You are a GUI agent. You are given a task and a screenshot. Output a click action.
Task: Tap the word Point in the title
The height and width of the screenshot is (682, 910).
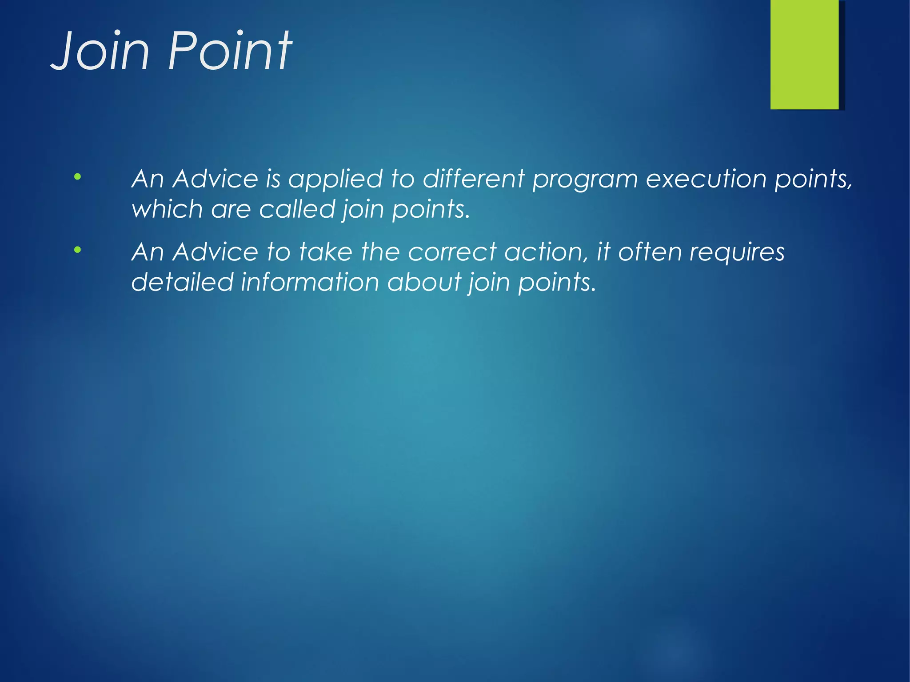(230, 51)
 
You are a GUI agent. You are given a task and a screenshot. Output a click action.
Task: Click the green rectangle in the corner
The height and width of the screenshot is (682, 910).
(804, 54)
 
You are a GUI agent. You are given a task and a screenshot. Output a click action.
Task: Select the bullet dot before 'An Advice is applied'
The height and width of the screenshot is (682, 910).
(78, 177)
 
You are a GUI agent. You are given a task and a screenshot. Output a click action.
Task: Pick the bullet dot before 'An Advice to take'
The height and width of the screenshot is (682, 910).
(78, 250)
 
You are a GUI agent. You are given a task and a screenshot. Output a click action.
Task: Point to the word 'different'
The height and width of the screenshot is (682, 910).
(474, 179)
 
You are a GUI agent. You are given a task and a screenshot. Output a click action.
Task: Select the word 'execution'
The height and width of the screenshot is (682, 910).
(706, 179)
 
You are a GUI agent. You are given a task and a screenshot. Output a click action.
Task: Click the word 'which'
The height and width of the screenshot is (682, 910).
(167, 209)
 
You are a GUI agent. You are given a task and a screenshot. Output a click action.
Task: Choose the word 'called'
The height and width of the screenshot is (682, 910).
(296, 209)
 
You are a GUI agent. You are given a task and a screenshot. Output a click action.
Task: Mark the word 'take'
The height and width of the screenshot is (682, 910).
(326, 252)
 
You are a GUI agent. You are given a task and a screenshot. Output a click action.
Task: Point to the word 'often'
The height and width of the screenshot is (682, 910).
(650, 252)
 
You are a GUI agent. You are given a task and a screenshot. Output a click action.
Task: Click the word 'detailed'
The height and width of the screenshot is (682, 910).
(182, 282)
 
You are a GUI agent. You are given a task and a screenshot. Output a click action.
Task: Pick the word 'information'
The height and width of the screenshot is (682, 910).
(309, 282)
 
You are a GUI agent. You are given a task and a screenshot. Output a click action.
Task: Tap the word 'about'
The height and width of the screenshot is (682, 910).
(424, 282)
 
